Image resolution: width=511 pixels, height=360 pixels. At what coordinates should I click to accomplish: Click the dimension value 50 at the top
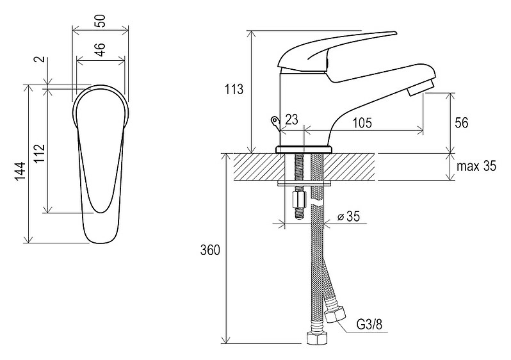point(101,21)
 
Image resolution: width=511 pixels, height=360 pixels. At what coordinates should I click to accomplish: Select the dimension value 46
point(101,49)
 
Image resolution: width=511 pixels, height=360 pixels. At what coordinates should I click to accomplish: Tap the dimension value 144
point(20,171)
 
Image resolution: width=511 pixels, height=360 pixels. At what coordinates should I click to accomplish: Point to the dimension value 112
point(39,153)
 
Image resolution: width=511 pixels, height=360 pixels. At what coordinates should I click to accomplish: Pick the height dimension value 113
point(234,89)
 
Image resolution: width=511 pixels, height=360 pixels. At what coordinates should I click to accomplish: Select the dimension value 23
point(291,120)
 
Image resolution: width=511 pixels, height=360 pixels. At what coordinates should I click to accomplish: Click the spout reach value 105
point(362,123)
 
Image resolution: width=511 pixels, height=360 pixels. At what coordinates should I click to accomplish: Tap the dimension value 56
point(462,123)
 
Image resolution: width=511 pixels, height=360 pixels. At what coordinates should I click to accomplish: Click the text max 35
point(476,167)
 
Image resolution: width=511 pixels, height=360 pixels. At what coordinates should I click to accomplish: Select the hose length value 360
point(210,250)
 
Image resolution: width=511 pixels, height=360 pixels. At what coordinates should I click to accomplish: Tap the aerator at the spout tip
point(421,87)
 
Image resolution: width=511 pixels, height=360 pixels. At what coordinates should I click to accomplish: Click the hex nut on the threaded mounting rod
point(300,199)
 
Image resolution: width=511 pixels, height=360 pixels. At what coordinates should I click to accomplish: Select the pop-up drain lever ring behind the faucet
point(275,121)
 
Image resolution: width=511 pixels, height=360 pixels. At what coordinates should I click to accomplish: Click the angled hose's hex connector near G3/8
point(336,314)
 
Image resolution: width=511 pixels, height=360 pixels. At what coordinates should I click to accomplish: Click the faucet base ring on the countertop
point(304,150)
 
